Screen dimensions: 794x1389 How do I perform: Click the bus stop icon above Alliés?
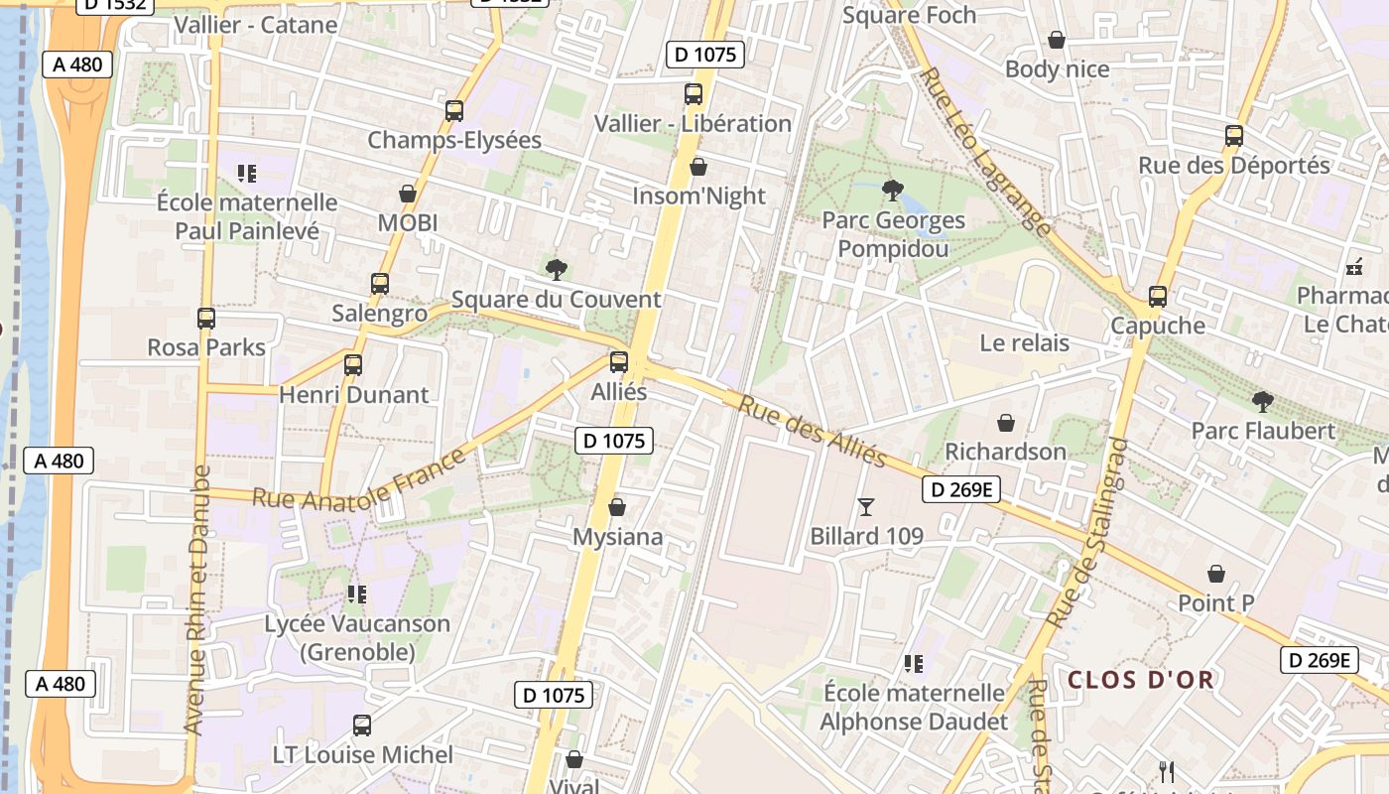click(619, 362)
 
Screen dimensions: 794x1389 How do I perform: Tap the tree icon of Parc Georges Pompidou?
click(892, 190)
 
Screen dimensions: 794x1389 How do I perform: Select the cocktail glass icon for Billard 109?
click(866, 507)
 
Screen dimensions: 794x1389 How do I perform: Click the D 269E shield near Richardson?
click(961, 489)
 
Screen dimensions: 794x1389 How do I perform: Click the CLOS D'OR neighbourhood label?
click(1141, 680)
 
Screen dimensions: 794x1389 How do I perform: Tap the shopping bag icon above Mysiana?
click(617, 507)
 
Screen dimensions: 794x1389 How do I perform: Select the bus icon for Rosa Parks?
click(206, 319)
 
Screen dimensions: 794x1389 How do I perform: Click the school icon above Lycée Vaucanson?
click(357, 595)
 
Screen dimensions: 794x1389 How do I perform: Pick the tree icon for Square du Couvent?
click(557, 269)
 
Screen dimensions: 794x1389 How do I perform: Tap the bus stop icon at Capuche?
click(1157, 296)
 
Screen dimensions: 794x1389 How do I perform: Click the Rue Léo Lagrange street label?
click(984, 151)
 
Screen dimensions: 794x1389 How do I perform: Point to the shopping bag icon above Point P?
click(1216, 574)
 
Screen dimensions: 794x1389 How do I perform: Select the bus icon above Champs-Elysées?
click(454, 111)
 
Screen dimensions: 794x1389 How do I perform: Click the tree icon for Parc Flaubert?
click(1263, 401)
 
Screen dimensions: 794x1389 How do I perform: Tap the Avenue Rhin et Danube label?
click(196, 600)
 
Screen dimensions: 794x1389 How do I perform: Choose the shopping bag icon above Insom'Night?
click(698, 167)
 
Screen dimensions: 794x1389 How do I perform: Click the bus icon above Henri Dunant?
click(353, 364)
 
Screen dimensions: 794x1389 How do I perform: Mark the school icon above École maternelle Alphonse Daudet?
click(914, 663)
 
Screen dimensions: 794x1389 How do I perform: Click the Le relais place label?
click(1024, 343)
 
